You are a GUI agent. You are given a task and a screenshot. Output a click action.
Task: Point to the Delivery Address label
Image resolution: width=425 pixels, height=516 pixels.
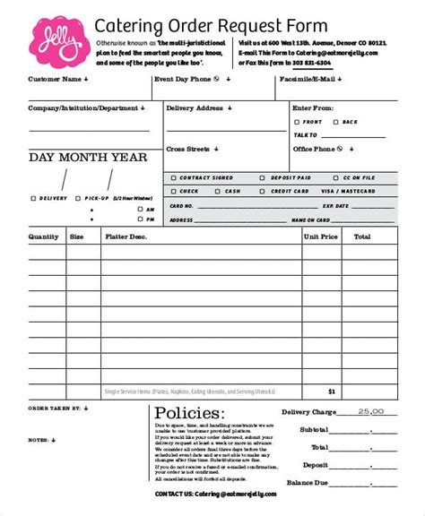pos(196,107)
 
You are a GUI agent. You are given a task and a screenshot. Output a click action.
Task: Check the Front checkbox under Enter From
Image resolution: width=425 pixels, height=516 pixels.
pos(298,121)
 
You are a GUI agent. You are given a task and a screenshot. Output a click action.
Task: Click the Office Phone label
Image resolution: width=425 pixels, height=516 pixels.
pos(317,149)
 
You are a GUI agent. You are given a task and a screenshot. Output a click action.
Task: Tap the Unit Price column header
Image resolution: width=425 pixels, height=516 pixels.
pos(321,236)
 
